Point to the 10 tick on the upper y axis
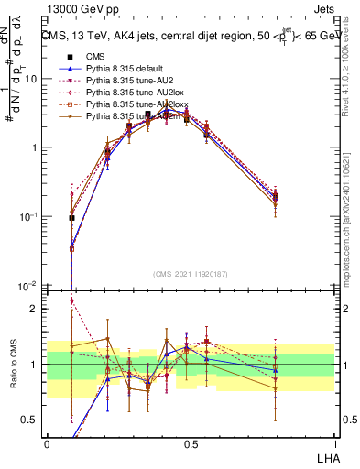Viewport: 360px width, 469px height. (x=33, y=79)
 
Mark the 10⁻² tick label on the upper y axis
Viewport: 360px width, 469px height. (x=30, y=285)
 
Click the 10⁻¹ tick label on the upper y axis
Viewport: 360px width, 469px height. (x=30, y=216)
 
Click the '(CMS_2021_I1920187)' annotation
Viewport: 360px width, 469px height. (x=191, y=274)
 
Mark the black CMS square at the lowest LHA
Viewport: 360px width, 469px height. (x=71, y=218)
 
